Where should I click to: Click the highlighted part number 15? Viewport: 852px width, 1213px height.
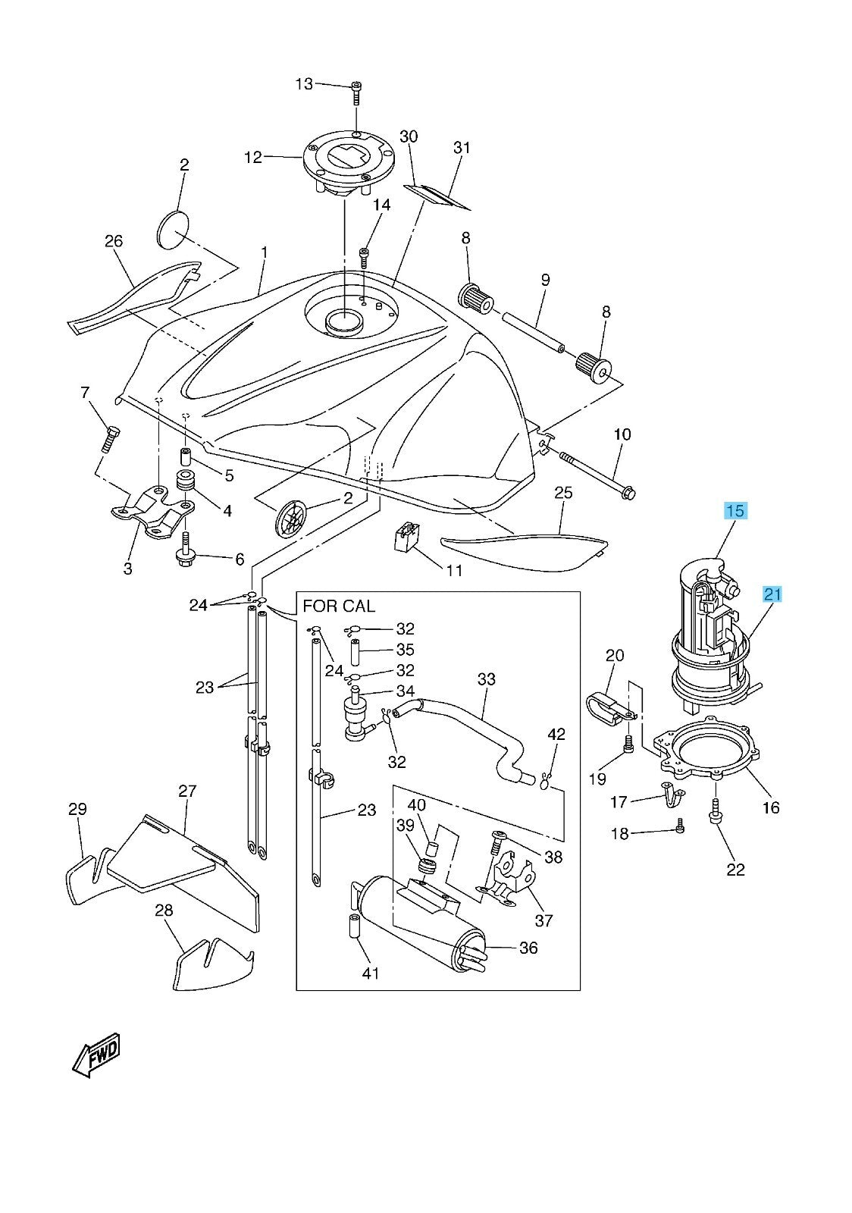pyautogui.click(x=735, y=511)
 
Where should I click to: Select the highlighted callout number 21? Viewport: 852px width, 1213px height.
pyautogui.click(x=772, y=594)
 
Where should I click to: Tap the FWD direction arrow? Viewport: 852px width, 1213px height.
pyautogui.click(x=97, y=1054)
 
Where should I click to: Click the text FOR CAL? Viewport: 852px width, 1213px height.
pyautogui.click(x=339, y=606)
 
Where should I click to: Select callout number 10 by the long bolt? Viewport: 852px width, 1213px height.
pyautogui.click(x=622, y=434)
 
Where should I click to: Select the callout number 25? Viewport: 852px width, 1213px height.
pyautogui.click(x=562, y=493)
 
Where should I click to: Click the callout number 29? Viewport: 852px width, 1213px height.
pyautogui.click(x=78, y=809)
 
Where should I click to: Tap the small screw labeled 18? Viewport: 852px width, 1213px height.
pyautogui.click(x=680, y=830)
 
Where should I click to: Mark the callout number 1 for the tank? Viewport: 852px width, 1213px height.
pyautogui.click(x=265, y=251)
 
